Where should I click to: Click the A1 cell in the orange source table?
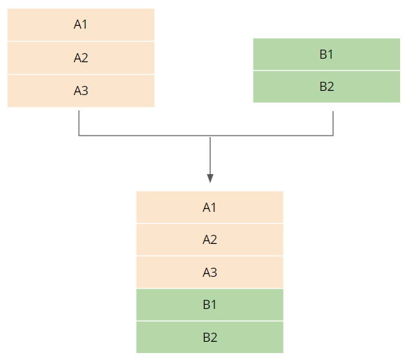click(81, 24)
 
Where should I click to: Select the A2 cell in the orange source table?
click(81, 58)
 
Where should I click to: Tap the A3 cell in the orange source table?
click(81, 91)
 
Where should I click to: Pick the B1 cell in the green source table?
click(327, 55)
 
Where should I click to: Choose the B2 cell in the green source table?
click(327, 87)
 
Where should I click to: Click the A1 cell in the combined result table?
click(209, 207)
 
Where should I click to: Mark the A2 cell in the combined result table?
click(209, 240)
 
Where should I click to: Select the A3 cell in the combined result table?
click(209, 273)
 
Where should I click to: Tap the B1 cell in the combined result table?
click(209, 305)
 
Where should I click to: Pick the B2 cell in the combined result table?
click(209, 337)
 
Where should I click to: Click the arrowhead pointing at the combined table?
click(210, 178)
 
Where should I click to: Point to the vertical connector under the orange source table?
click(79, 123)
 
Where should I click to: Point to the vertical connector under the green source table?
click(333, 123)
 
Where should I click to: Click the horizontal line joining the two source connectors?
click(206, 135)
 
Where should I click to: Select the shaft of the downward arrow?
click(210, 156)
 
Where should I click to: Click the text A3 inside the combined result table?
click(209, 273)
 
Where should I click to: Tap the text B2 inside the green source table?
click(327, 87)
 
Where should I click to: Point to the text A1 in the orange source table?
click(80, 24)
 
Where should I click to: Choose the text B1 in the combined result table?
click(209, 305)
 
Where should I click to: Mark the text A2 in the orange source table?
click(81, 58)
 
